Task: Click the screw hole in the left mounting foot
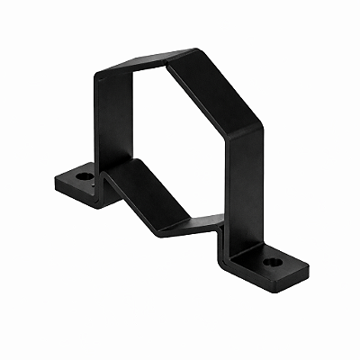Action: [x=84, y=176]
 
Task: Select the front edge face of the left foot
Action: [x=76, y=196]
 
